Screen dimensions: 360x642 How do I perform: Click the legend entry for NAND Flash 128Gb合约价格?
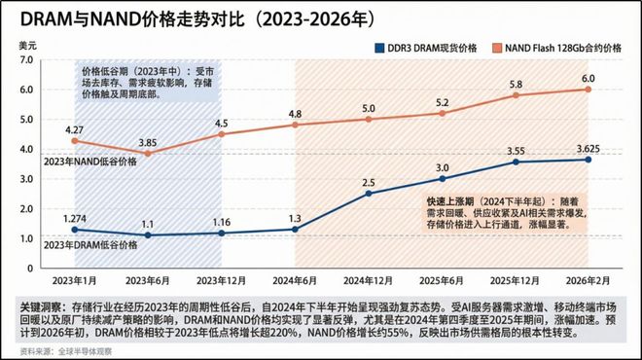coord(559,47)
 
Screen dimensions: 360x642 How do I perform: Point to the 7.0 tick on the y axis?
coord(27,60)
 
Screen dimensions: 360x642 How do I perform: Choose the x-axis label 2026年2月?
coord(589,280)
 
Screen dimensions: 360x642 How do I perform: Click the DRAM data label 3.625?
coord(589,147)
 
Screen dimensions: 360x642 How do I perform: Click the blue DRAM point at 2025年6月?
coord(443,179)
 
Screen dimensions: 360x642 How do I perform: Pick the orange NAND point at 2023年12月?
coord(222,134)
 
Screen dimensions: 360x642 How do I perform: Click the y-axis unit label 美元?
coord(26,45)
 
